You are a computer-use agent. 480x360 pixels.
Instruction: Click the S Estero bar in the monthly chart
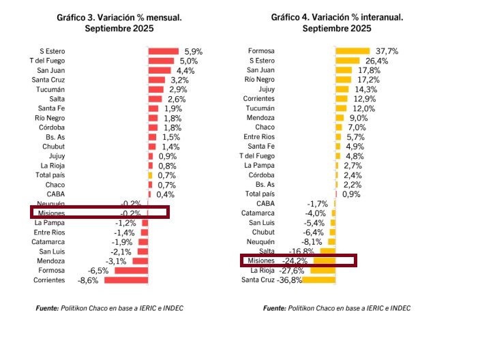click(163, 51)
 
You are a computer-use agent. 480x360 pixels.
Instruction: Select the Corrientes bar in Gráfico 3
click(127, 280)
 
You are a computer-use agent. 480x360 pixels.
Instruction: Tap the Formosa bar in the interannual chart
click(352, 51)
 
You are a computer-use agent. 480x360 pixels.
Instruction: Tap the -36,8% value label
click(290, 280)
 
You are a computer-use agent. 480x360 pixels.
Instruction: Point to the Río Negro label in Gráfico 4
click(260, 80)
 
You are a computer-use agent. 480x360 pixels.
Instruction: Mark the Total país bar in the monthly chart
click(151, 175)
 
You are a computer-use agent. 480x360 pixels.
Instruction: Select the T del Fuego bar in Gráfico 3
click(161, 61)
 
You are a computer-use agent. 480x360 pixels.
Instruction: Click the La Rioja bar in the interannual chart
click(325, 271)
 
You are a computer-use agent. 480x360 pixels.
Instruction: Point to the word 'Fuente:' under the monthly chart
click(46, 308)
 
